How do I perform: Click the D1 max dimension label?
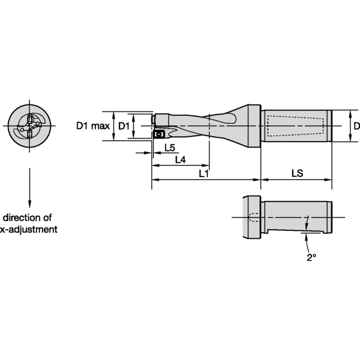tap(92, 126)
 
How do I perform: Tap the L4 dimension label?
tap(180, 160)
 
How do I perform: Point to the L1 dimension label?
tap(204, 173)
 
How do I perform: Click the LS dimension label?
tap(297, 173)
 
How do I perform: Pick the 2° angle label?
tap(311, 257)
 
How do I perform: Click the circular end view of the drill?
tap(29, 127)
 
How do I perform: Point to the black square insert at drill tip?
tap(160, 134)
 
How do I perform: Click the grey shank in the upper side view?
tap(297, 127)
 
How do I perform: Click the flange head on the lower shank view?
tap(252, 216)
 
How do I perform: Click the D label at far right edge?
tap(356, 126)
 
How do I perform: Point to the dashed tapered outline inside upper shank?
tap(294, 127)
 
